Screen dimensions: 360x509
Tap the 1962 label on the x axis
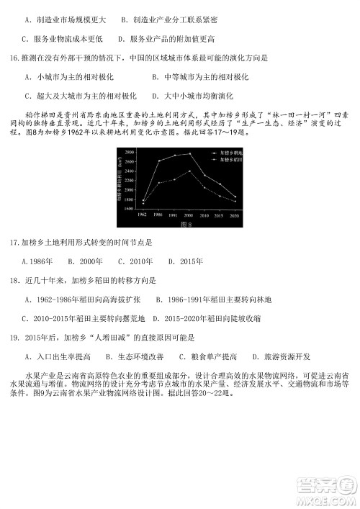(143, 215)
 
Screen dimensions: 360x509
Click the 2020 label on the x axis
(235, 215)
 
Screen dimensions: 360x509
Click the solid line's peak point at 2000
(190, 153)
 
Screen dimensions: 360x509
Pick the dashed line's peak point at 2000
(190, 171)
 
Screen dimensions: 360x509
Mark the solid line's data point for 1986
(158, 161)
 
